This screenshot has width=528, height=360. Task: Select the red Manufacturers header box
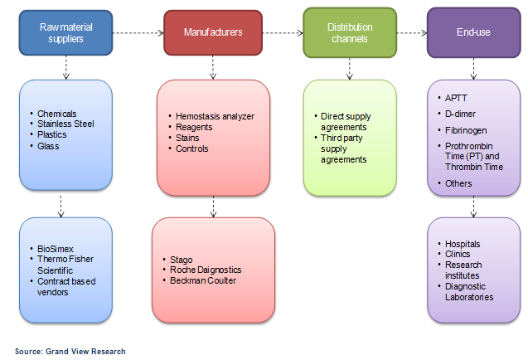(x=212, y=33)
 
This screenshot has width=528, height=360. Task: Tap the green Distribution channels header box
(x=350, y=33)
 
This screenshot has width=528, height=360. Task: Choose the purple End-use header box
(x=473, y=33)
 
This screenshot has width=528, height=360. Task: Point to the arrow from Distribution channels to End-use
(x=411, y=33)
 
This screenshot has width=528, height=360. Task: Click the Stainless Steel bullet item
(x=65, y=124)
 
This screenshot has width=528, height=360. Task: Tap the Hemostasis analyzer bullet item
(x=215, y=116)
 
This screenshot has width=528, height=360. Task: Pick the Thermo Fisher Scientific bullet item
(x=65, y=264)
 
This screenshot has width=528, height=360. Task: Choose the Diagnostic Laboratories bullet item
(x=469, y=291)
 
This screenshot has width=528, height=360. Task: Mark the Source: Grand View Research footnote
(x=70, y=352)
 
